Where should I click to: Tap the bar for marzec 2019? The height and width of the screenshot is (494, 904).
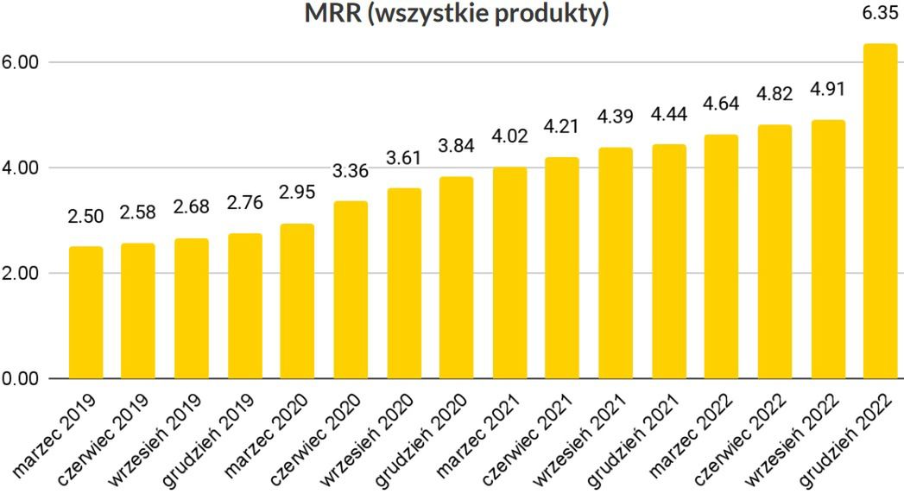(86, 313)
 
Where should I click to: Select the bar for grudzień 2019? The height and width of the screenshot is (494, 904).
(245, 306)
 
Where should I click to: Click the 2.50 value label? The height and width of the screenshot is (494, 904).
(86, 216)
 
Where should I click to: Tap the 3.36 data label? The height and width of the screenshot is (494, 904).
(351, 170)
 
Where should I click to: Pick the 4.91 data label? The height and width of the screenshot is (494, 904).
(828, 89)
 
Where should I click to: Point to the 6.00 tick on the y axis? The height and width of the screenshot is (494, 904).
(22, 63)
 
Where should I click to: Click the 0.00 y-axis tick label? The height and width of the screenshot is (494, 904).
(22, 379)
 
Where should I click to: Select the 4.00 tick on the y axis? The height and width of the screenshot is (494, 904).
(22, 168)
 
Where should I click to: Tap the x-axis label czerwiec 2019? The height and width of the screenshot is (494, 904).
(106, 439)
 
